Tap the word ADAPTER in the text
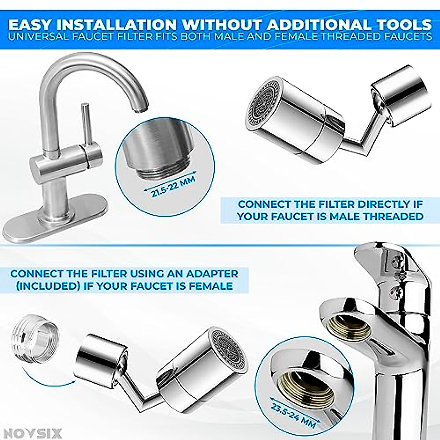coord(212,274)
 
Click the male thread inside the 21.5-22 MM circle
coord(161,170)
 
